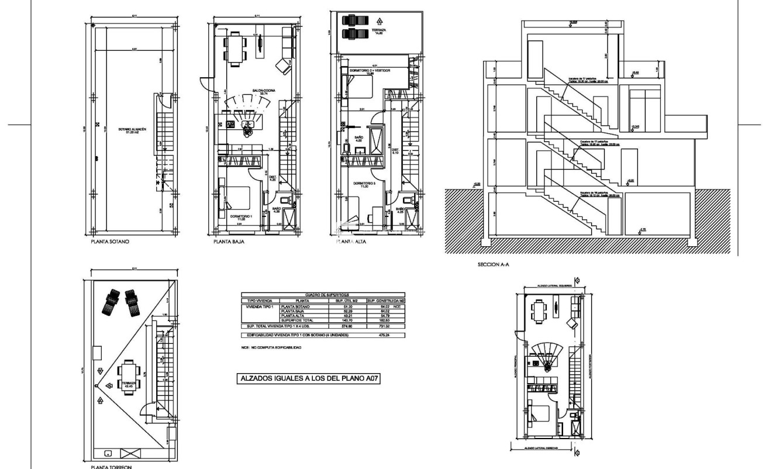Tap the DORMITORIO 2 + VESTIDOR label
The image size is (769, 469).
370,71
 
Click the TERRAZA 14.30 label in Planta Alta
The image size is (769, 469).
382,30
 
